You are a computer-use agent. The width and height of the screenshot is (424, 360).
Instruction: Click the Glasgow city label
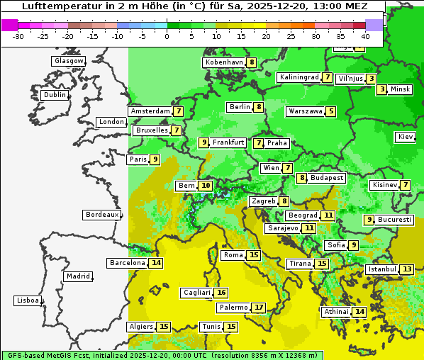coord(69,61)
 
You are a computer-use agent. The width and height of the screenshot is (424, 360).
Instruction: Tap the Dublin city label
coord(55,95)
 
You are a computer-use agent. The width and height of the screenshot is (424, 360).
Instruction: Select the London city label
coord(111,122)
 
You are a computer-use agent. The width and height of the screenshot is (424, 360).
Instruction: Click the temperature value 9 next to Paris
coord(155,159)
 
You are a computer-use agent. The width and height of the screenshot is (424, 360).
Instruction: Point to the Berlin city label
coord(240,107)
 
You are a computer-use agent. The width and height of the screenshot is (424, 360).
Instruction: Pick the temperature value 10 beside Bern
coord(206,186)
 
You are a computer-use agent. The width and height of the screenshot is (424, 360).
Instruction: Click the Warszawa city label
coord(305,111)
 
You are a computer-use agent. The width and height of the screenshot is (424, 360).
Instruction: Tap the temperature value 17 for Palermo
coord(260,308)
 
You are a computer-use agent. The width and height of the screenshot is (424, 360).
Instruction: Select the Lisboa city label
coord(28,300)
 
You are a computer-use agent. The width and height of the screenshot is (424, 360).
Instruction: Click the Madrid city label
coord(78,276)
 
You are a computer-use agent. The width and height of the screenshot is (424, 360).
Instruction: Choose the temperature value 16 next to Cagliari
coord(222,293)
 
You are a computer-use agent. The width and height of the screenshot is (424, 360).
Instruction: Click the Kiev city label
coord(406,137)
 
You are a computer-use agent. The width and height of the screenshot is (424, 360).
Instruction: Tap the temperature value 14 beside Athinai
coord(360,312)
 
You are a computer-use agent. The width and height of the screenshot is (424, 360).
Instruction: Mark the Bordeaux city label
coord(101,215)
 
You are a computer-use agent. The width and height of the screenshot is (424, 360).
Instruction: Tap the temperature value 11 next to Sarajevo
coord(309,228)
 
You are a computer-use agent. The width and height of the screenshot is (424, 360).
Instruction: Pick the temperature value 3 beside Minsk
coord(382,89)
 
